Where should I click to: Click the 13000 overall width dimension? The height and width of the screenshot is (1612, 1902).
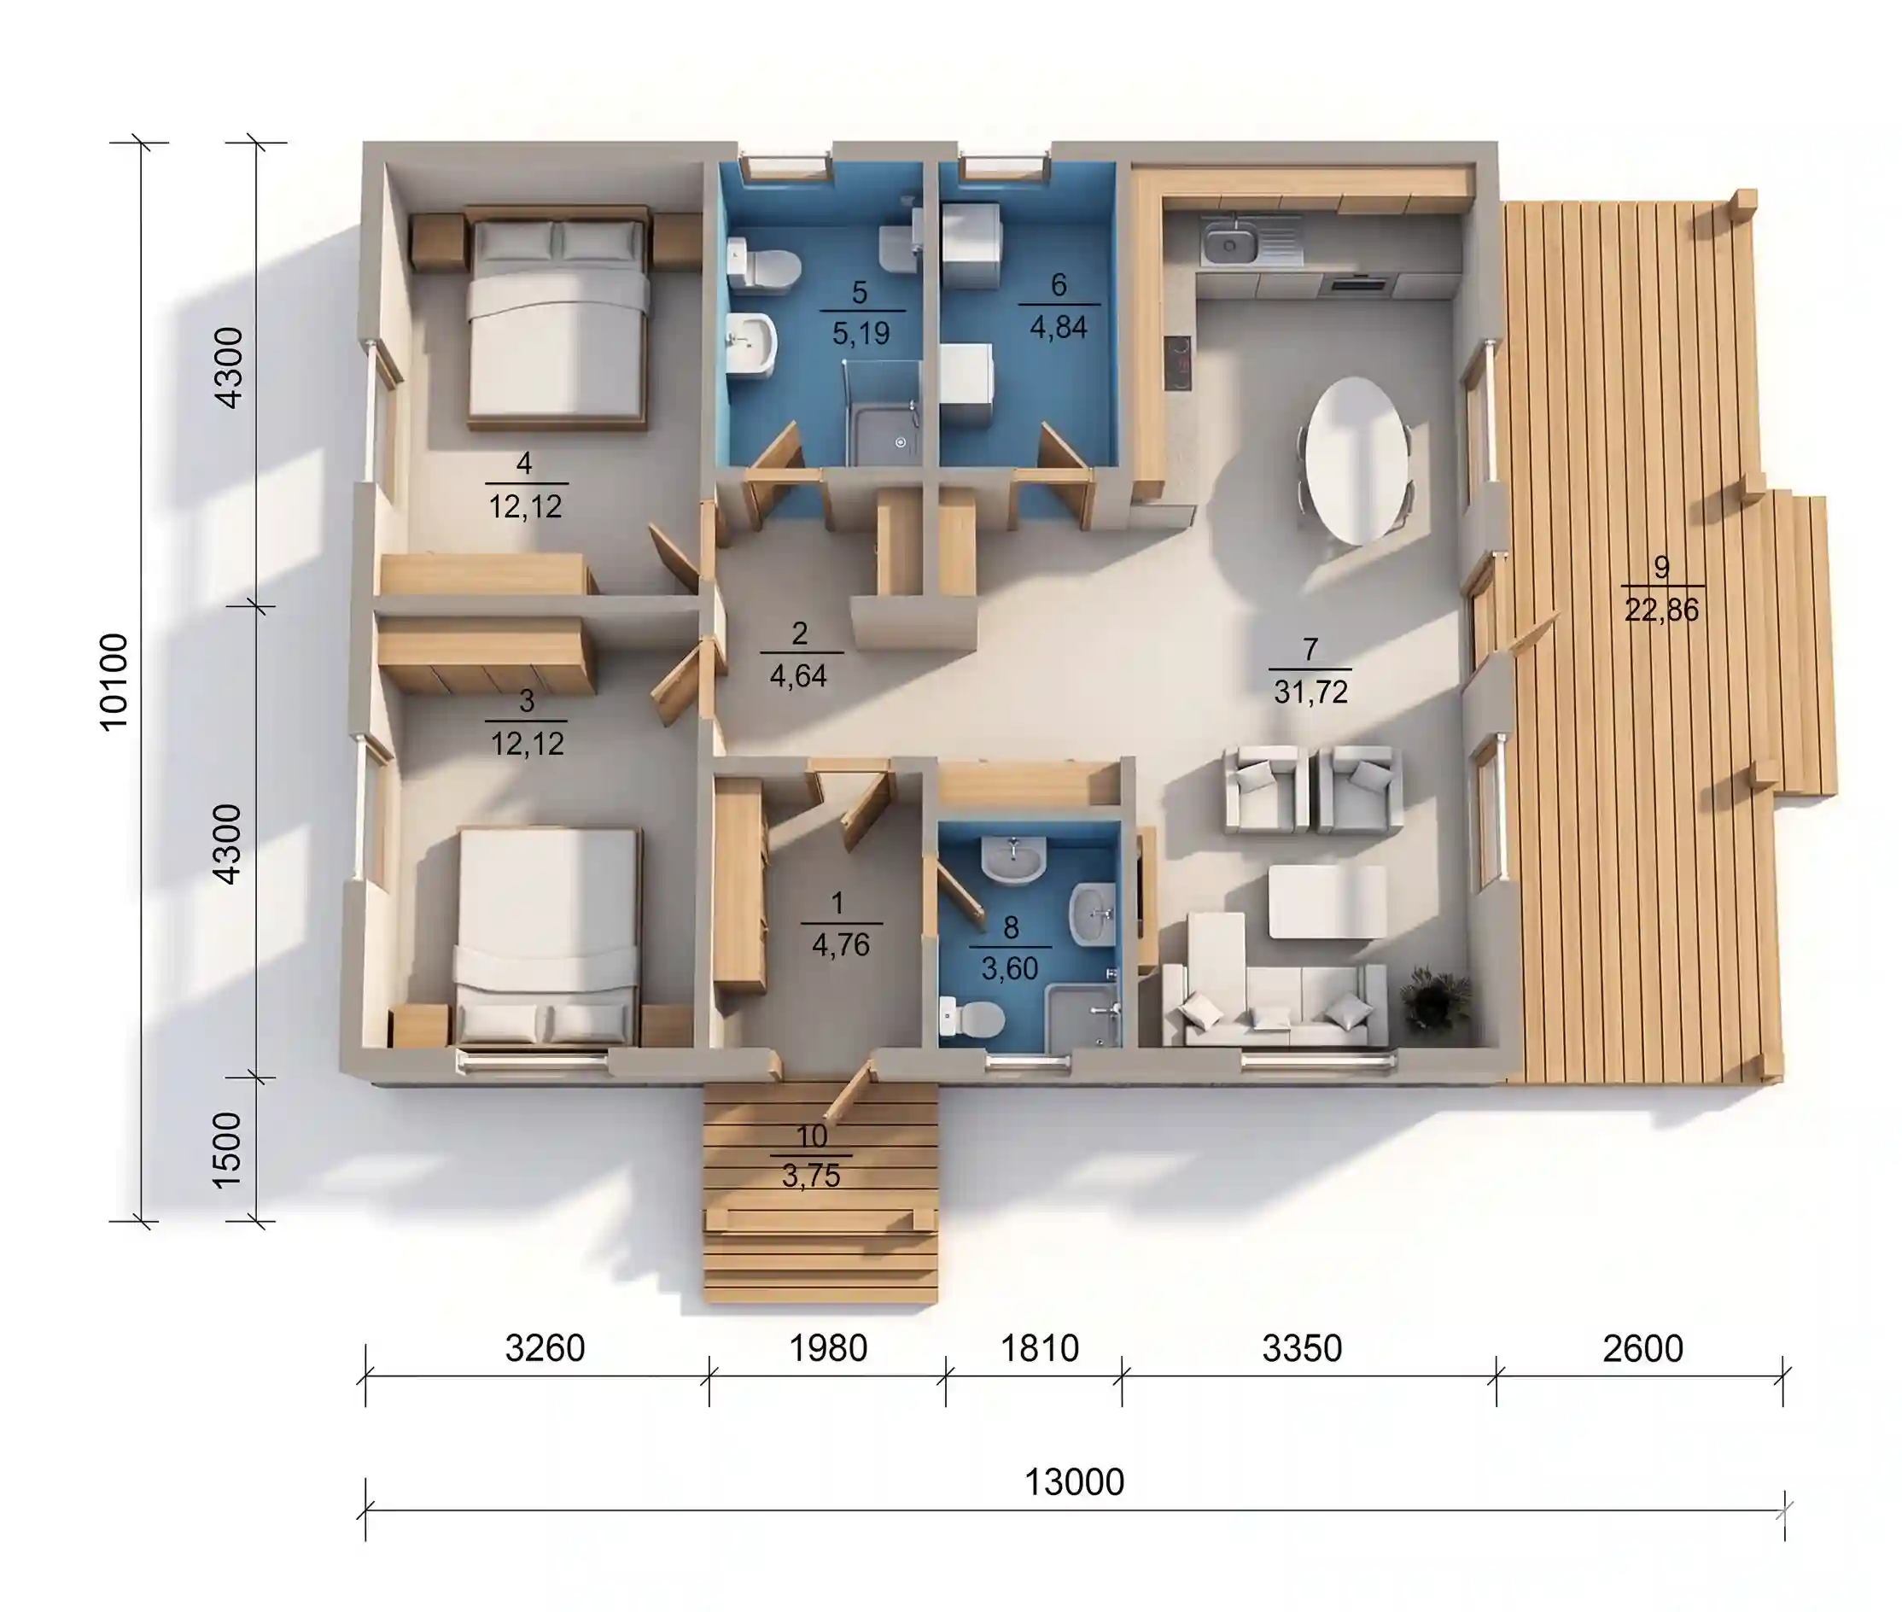(1073, 1482)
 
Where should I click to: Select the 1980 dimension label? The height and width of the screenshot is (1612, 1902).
(828, 1348)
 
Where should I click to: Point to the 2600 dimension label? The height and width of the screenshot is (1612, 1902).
(1642, 1349)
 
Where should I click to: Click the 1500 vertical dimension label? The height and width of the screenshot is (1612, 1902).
(226, 1149)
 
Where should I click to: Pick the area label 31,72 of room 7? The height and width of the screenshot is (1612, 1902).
(1311, 692)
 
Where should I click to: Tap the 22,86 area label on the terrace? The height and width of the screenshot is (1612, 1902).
(1660, 610)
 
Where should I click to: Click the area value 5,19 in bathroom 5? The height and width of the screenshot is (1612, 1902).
(861, 333)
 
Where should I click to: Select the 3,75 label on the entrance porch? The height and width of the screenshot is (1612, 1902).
(811, 1175)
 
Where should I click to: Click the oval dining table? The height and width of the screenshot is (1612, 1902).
(1356, 460)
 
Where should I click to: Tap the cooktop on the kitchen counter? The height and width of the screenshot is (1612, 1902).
(1177, 363)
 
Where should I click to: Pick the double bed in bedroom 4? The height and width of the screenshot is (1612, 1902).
(557, 318)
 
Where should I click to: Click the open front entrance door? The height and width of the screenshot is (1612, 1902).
(849, 1092)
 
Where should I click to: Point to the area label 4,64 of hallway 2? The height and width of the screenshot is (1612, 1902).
(798, 676)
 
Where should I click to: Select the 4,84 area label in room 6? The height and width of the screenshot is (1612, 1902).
(1059, 326)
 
